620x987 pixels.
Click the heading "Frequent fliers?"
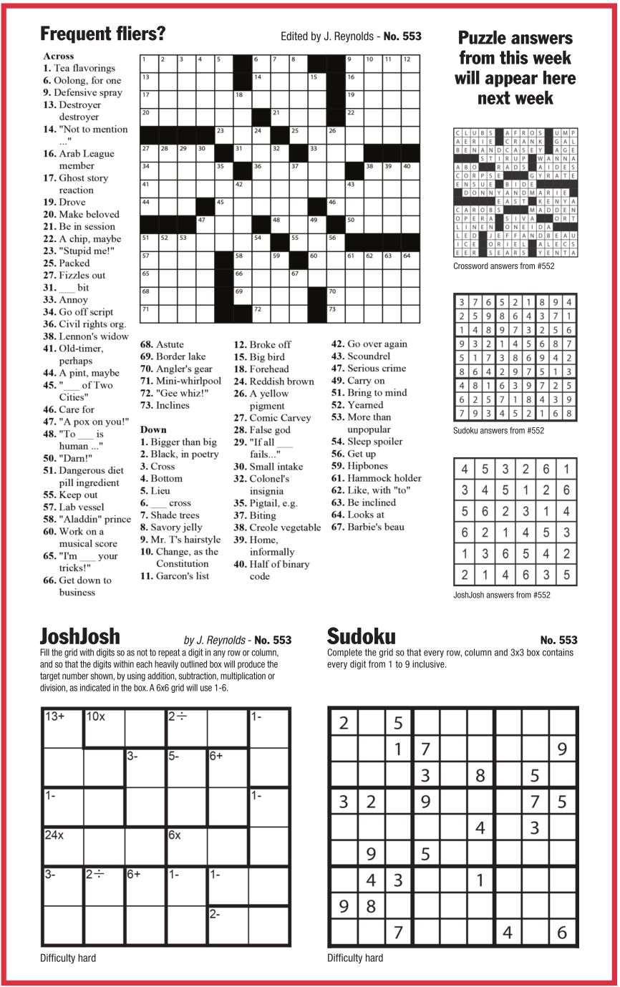point(103,34)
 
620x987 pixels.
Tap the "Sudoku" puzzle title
point(361,636)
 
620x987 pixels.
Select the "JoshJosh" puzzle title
point(80,636)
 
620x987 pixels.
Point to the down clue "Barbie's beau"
point(377,527)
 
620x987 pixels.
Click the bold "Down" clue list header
point(153,429)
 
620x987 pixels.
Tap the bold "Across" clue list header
point(58,56)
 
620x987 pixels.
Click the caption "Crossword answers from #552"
point(503,267)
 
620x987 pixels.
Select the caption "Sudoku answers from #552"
point(498,431)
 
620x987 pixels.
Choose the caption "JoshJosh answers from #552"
point(502,595)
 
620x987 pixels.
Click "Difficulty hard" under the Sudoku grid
point(355,958)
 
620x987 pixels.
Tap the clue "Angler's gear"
point(175,369)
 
